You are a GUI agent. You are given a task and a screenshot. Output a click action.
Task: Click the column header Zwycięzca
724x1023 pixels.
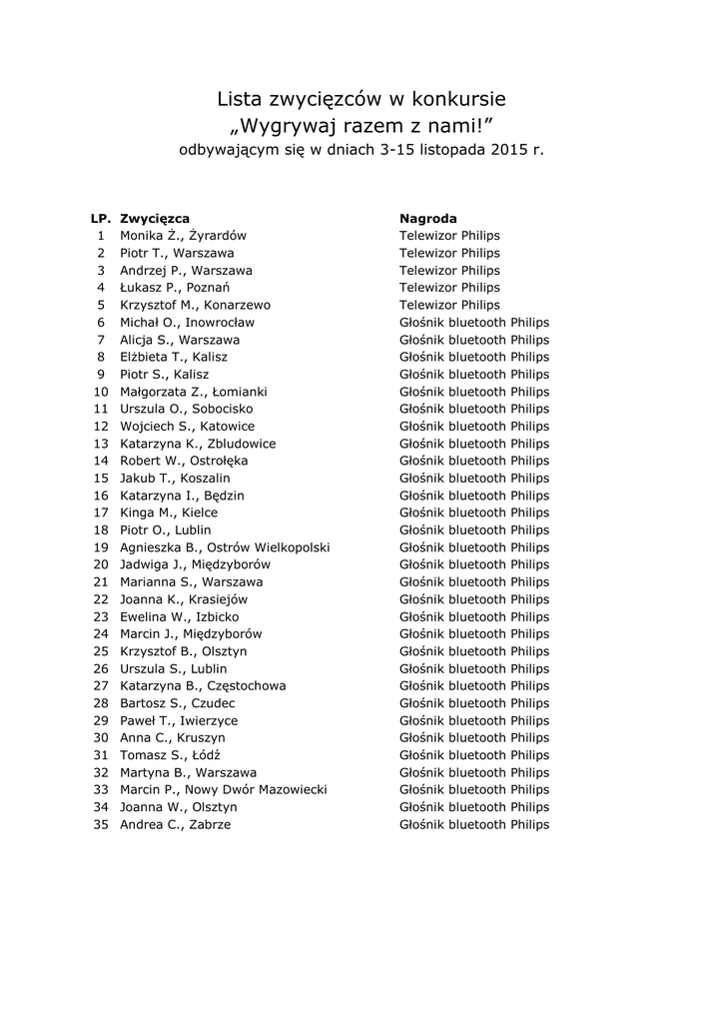pyautogui.click(x=154, y=218)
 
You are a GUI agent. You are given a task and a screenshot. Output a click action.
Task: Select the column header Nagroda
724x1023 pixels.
pyautogui.click(x=428, y=218)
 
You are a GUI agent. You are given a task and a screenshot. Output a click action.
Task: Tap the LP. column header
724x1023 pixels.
pyautogui.click(x=100, y=218)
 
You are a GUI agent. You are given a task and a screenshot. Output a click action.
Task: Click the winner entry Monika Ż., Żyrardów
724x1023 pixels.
pyautogui.click(x=183, y=236)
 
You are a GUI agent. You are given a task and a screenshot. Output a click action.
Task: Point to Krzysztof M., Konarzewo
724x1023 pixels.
pyautogui.click(x=195, y=305)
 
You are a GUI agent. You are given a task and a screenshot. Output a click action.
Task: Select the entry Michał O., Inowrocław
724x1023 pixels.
pyautogui.click(x=187, y=323)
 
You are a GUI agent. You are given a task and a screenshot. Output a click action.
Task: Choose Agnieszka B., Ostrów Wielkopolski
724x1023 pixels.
pyautogui.click(x=225, y=547)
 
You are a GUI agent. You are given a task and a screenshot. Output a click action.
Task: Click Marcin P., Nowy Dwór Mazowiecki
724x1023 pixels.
pyautogui.click(x=223, y=790)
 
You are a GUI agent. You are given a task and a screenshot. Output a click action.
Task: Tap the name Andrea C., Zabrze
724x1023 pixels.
pyautogui.click(x=175, y=825)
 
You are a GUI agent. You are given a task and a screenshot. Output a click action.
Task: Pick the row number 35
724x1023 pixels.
pyautogui.click(x=100, y=825)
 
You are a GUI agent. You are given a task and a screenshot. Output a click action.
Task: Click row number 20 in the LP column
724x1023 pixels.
pyautogui.click(x=100, y=564)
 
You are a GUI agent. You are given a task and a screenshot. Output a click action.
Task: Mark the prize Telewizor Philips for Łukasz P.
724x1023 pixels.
pyautogui.click(x=449, y=288)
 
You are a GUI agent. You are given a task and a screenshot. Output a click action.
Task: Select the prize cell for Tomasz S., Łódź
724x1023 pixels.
pyautogui.click(x=474, y=755)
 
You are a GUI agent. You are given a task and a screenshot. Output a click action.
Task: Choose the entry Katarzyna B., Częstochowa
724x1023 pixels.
pyautogui.click(x=203, y=686)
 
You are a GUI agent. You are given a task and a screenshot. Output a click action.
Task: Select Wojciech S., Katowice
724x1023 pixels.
pyautogui.click(x=187, y=427)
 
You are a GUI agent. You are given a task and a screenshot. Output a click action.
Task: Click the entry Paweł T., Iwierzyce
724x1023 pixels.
pyautogui.click(x=179, y=721)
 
